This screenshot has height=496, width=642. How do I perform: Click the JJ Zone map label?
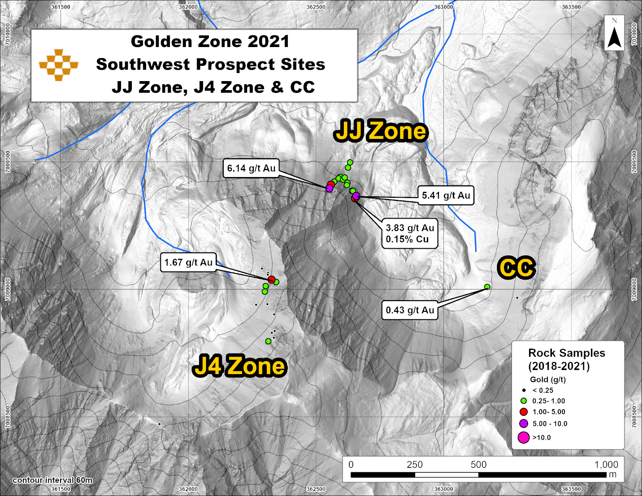(381, 131)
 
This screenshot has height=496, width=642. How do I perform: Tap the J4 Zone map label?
(239, 366)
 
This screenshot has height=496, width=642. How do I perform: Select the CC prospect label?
(516, 268)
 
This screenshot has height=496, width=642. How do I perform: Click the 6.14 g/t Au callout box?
(251, 168)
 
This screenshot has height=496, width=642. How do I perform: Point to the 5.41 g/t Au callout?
(446, 195)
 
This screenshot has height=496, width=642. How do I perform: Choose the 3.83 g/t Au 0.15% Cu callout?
(410, 233)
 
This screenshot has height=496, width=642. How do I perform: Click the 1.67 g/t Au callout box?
(188, 263)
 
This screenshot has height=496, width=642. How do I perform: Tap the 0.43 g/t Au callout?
(410, 310)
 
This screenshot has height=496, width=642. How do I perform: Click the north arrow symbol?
(614, 34)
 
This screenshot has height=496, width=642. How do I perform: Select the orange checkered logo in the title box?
(59, 65)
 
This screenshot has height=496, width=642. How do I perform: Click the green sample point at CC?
(487, 287)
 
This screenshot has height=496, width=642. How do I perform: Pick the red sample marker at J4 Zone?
(271, 280)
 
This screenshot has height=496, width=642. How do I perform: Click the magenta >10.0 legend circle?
(524, 438)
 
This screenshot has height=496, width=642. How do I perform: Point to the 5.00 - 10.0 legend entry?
(549, 424)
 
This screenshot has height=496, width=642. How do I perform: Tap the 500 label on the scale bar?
(478, 465)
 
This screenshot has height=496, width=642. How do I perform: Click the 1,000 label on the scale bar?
(606, 465)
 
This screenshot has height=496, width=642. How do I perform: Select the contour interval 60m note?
(52, 480)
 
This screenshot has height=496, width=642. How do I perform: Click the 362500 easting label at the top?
(316, 7)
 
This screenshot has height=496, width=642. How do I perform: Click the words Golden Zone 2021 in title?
(210, 42)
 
